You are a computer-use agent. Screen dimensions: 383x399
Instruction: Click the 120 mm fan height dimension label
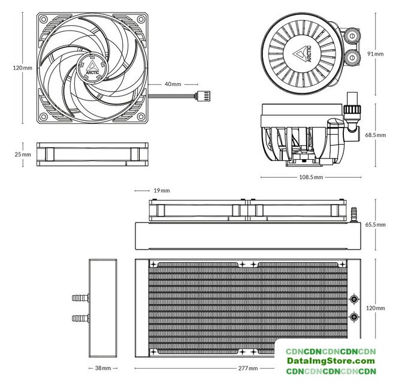tap(22, 68)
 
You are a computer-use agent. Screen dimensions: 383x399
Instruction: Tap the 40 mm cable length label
tap(173, 84)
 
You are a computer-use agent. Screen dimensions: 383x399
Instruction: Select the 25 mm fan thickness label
tap(22, 154)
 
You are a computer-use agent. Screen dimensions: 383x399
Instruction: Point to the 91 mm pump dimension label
tap(375, 53)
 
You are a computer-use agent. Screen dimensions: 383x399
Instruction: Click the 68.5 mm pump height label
tap(375, 135)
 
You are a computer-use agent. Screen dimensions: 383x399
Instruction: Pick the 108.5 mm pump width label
tap(311, 177)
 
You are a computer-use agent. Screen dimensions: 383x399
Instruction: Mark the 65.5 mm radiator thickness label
tap(375, 224)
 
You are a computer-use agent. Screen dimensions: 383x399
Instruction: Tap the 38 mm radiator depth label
tap(102, 368)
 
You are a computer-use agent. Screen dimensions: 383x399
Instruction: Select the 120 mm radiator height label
tap(375, 308)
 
